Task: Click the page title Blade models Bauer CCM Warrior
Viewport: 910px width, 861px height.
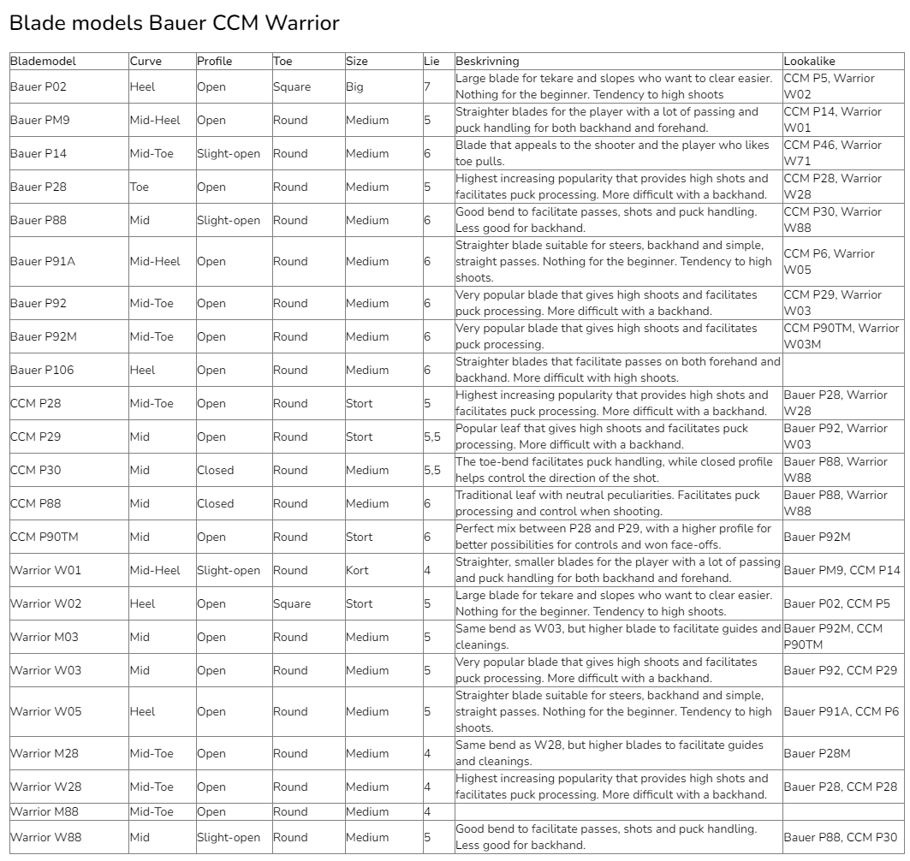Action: point(174,24)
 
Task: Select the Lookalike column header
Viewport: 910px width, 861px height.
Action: point(809,62)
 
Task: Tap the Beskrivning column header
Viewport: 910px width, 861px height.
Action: point(487,62)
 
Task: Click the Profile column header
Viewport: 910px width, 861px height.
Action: point(214,62)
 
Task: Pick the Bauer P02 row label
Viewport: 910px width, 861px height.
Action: point(39,86)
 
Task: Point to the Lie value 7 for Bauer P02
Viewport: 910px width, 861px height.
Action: point(427,86)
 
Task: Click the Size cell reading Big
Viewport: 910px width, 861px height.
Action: point(355,86)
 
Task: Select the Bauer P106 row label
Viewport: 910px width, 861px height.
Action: point(42,370)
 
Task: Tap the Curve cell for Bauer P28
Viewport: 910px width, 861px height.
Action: point(140,187)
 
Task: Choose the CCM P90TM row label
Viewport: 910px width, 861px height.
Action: point(45,537)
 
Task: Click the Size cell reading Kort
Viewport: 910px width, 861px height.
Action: point(357,570)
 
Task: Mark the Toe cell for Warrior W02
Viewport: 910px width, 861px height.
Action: point(292,603)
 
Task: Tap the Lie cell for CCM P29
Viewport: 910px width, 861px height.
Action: point(432,436)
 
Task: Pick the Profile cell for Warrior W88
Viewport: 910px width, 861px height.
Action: point(229,837)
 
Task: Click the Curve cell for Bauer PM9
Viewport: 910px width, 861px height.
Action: point(155,120)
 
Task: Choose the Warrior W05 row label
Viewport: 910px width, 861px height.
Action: point(45,711)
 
